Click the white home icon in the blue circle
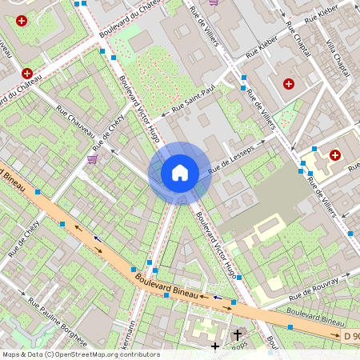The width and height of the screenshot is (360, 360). (x=180, y=172)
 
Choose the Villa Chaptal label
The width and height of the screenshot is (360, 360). (x=338, y=50)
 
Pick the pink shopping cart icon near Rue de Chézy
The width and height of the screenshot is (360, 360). (x=92, y=159)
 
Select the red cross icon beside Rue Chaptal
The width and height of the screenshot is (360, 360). (x=289, y=83)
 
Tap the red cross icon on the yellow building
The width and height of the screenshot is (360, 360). (x=334, y=154)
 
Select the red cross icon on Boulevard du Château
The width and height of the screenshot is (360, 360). (x=28, y=73)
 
